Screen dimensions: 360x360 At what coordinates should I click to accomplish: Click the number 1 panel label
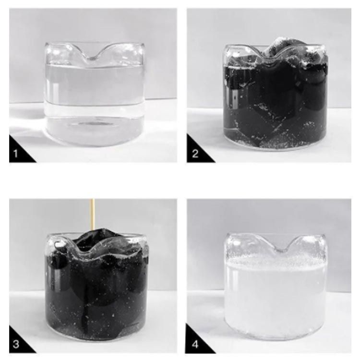[15, 154]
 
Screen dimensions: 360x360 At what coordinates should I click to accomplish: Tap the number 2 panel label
[195, 154]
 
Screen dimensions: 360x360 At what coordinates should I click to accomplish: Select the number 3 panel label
[16, 344]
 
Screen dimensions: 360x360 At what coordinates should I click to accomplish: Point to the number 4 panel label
[195, 344]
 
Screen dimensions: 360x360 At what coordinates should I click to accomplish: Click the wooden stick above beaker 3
[93, 214]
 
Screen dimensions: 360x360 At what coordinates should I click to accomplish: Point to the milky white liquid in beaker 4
[276, 299]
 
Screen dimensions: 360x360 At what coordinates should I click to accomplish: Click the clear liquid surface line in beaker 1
[95, 66]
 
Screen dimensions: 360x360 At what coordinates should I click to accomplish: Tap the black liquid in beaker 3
[96, 294]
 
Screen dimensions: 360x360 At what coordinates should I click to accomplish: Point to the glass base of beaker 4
[276, 334]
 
